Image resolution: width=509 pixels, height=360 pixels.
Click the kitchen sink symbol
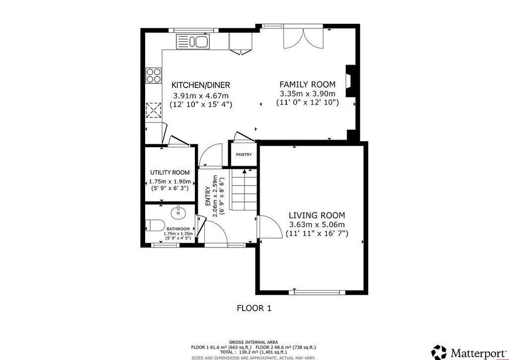click(x=193, y=42)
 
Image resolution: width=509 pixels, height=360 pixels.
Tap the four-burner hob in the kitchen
click(x=154, y=75)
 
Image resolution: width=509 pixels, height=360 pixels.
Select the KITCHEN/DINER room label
click(x=201, y=85)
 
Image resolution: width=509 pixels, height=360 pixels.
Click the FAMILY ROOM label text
click(x=307, y=85)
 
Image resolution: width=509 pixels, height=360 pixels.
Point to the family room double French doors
click(x=303, y=38)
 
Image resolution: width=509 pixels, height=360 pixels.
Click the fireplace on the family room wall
click(x=350, y=81)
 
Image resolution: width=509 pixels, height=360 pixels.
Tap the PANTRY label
click(x=244, y=155)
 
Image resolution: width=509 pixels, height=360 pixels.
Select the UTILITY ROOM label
click(x=170, y=173)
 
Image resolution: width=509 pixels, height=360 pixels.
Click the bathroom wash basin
click(x=178, y=212)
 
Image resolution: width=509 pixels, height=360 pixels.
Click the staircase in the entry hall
click(x=244, y=189)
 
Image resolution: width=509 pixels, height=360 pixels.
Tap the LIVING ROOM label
click(x=317, y=215)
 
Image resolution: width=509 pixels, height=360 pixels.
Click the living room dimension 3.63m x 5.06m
click(x=317, y=224)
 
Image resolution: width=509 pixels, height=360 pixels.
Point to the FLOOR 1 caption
click(x=254, y=308)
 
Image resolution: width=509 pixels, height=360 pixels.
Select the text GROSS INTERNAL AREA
click(x=254, y=342)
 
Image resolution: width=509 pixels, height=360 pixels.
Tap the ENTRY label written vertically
click(x=208, y=197)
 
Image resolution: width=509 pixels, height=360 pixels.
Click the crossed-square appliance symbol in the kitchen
click(x=153, y=110)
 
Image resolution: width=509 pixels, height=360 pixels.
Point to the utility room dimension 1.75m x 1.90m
click(x=170, y=182)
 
